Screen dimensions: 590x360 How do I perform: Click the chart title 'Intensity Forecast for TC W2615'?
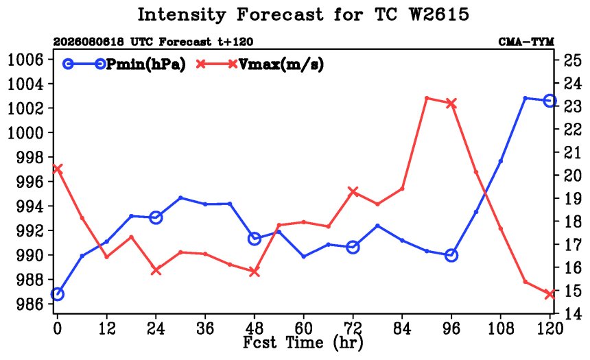(x=303, y=14)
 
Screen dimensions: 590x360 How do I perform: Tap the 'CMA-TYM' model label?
(x=526, y=42)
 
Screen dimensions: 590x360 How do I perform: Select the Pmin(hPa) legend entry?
(x=124, y=64)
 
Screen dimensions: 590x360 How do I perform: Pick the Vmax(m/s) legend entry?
(x=259, y=64)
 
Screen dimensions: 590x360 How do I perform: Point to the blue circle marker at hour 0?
(x=57, y=293)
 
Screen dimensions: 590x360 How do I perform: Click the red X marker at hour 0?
(x=57, y=169)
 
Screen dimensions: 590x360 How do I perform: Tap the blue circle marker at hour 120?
(x=550, y=101)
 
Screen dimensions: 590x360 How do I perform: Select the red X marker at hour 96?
(x=451, y=103)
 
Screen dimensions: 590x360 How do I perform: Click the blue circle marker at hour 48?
(x=255, y=239)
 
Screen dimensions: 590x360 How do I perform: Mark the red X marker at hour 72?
(x=353, y=192)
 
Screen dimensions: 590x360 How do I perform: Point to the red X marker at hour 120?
(x=550, y=293)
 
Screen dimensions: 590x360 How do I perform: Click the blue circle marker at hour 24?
(x=156, y=217)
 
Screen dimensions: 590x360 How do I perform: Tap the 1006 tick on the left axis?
(x=25, y=59)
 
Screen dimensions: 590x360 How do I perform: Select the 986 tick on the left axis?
(x=30, y=304)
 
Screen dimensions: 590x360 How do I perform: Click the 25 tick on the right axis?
(x=572, y=60)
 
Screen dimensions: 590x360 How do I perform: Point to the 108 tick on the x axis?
(x=501, y=328)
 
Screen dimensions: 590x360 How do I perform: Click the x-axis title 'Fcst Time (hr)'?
(x=303, y=343)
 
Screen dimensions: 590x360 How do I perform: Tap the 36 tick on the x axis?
(x=205, y=328)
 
